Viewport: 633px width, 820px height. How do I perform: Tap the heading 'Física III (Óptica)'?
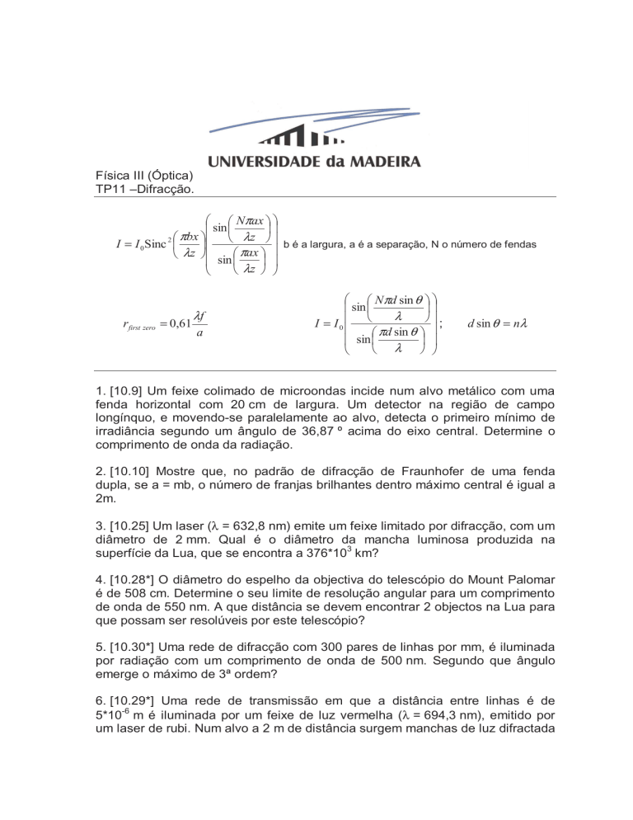(145, 176)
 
